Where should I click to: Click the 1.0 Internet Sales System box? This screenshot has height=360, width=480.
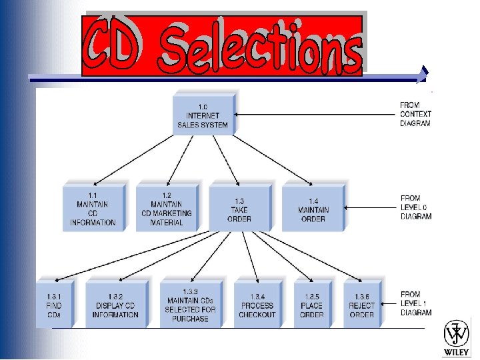[x=203, y=115]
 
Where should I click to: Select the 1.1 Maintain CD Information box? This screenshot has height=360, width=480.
[x=93, y=208]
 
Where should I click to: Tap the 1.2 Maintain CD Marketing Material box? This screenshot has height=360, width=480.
[x=167, y=208]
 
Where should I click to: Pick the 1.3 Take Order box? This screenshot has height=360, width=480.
[x=239, y=208]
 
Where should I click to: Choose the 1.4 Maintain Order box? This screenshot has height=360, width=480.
[x=312, y=208]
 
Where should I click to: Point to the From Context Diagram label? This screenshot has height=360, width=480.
[x=415, y=114]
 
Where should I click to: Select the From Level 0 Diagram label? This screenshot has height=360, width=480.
[x=416, y=207]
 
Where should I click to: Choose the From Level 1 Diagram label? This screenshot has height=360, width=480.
[x=416, y=303]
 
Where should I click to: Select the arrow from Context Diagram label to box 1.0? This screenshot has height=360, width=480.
[x=313, y=114]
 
